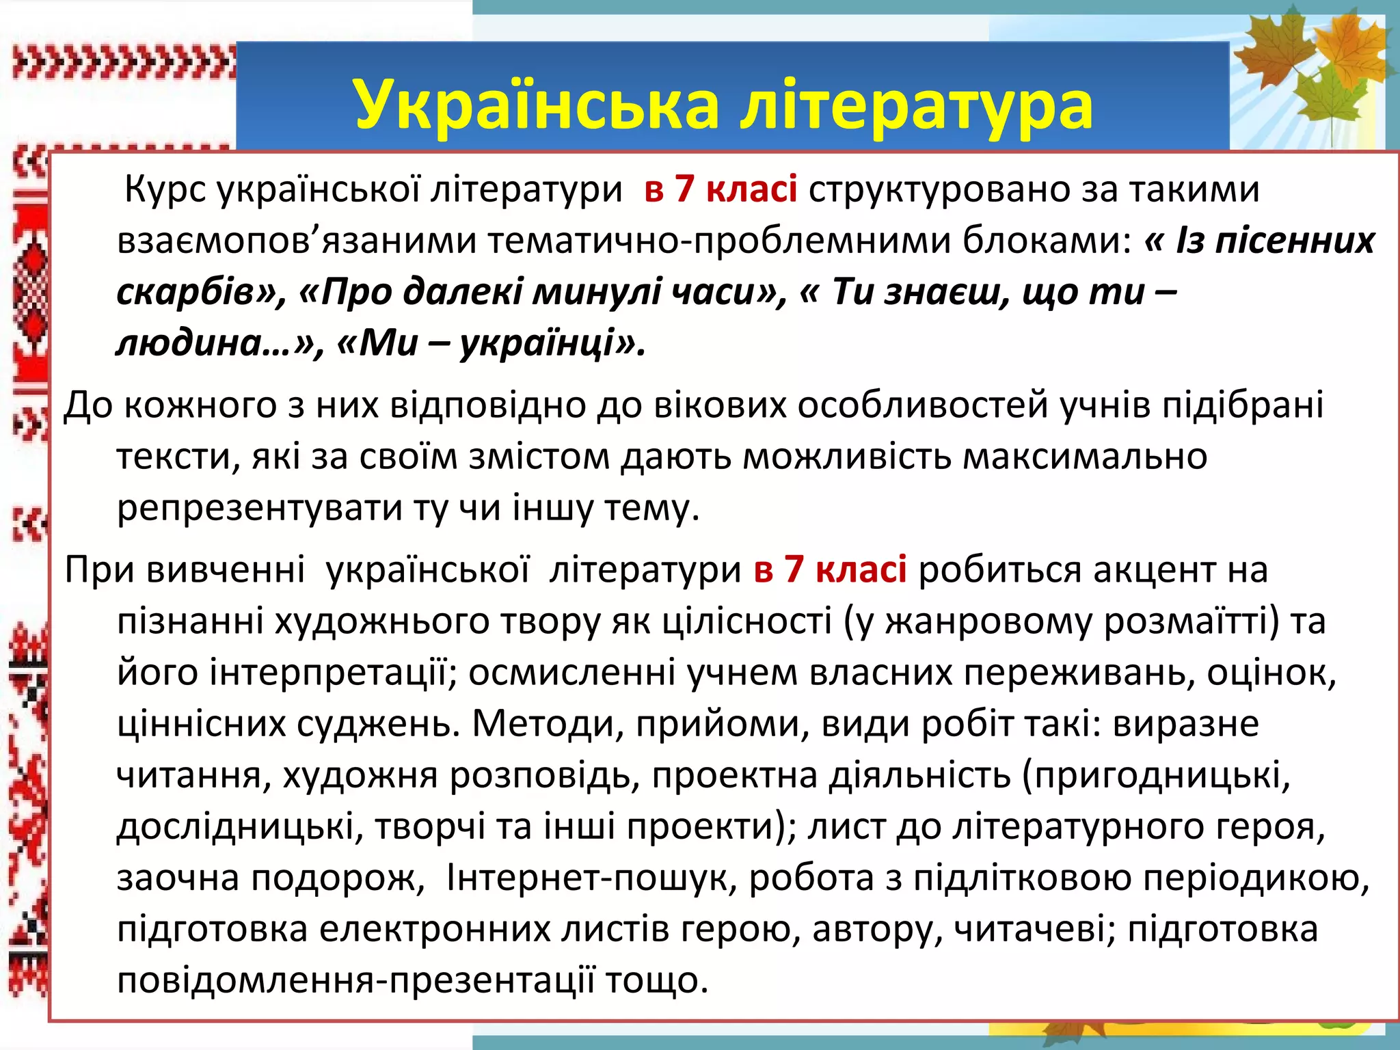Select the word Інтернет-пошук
[x=591, y=878]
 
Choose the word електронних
[x=435, y=930]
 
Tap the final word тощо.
[x=657, y=981]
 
